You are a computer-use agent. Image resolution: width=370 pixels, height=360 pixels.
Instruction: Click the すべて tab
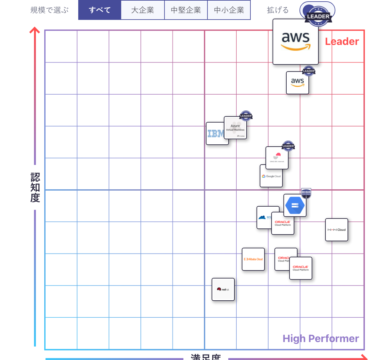(x=100, y=10)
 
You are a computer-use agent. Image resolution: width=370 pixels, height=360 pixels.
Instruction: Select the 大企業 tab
(x=143, y=10)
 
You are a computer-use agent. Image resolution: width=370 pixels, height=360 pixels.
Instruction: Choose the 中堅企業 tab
(x=186, y=10)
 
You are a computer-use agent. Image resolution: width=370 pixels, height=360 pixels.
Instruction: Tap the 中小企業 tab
(x=229, y=10)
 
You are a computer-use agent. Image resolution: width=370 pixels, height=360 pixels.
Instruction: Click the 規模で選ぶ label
(x=49, y=10)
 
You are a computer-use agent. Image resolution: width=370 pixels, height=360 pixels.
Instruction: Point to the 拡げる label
(x=278, y=10)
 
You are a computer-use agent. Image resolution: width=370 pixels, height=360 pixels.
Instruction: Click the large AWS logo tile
(x=295, y=42)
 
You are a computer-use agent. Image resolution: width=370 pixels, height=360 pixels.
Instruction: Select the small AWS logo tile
(x=297, y=83)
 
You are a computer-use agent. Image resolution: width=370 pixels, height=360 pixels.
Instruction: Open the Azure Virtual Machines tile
(x=235, y=128)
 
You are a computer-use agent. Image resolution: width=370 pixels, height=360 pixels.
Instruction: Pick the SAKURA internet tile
(x=277, y=158)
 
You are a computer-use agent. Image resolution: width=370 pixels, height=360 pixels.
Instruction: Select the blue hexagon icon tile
(x=295, y=205)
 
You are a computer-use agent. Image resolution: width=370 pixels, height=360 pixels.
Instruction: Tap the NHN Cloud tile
(x=336, y=230)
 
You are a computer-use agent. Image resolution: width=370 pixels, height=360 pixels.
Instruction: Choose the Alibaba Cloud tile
(x=253, y=259)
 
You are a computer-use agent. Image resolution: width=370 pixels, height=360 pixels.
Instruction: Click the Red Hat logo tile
(x=223, y=289)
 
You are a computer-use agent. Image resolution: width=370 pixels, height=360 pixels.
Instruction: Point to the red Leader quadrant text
(x=342, y=42)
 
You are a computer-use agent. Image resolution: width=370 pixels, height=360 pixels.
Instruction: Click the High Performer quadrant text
(x=321, y=339)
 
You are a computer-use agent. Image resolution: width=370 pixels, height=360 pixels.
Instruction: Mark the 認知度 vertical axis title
(x=35, y=187)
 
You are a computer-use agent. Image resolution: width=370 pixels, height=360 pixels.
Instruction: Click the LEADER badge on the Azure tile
(x=246, y=116)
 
